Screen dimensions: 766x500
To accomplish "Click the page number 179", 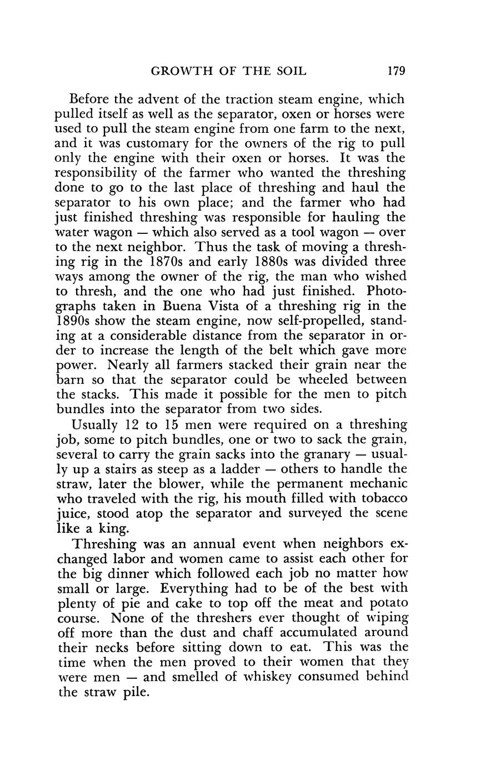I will pyautogui.click(x=397, y=71).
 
